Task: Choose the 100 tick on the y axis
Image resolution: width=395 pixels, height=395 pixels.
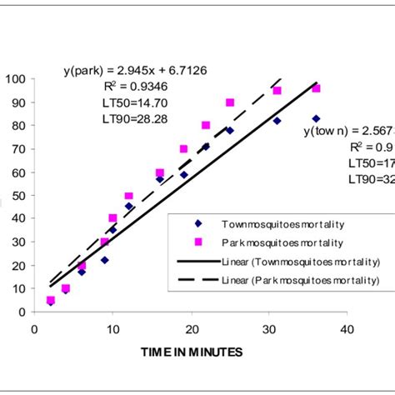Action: (15, 80)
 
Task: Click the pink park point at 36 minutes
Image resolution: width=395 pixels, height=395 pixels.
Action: (316, 88)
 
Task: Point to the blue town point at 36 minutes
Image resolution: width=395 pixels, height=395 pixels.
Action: (316, 119)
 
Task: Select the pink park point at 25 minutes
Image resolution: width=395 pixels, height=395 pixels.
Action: (230, 102)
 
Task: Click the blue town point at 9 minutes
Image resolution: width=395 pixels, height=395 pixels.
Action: (104, 260)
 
